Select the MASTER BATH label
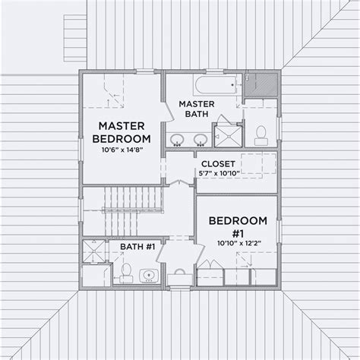(x=194, y=109)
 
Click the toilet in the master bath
(x=259, y=134)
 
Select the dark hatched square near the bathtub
(x=264, y=81)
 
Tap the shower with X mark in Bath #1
(x=95, y=251)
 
